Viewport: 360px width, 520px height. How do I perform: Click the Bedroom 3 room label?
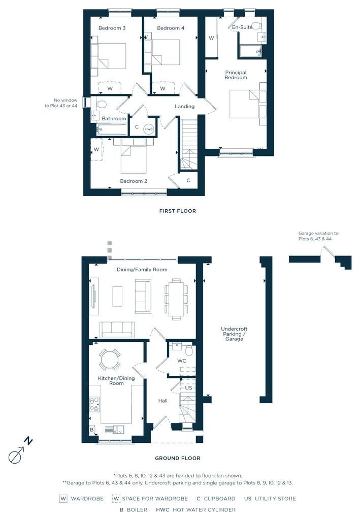click(x=112, y=28)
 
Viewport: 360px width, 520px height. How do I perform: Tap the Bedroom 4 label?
click(x=171, y=28)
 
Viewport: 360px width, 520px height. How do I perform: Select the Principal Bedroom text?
click(x=236, y=75)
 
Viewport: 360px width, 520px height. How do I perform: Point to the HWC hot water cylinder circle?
click(x=149, y=129)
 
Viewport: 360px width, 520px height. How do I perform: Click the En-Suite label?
click(x=242, y=27)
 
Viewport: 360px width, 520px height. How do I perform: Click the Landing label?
click(x=185, y=107)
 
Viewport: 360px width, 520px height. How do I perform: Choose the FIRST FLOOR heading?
click(x=178, y=211)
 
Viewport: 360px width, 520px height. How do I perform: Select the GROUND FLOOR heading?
click(x=178, y=459)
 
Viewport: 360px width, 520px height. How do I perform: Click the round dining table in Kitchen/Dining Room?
click(x=110, y=360)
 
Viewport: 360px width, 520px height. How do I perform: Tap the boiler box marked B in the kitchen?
click(x=92, y=430)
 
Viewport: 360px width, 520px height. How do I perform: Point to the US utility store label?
click(x=188, y=387)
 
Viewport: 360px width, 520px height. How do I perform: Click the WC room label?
click(x=182, y=361)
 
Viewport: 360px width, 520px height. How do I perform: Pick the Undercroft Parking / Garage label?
click(x=235, y=334)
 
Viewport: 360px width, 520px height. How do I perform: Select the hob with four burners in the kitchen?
click(x=94, y=404)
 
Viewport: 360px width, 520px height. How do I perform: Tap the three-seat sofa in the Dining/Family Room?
click(x=117, y=329)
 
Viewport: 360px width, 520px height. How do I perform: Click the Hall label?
click(x=163, y=401)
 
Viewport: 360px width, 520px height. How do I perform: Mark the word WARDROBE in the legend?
click(x=87, y=499)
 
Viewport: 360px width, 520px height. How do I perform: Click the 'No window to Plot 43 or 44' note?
click(x=61, y=103)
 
